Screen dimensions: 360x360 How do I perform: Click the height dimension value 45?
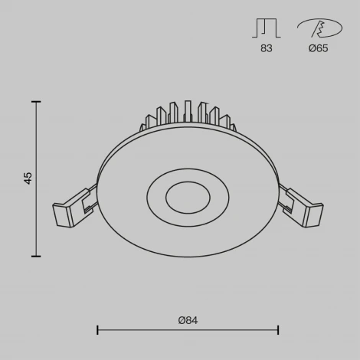pyautogui.click(x=28, y=178)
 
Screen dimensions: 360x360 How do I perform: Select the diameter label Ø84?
pyautogui.click(x=188, y=320)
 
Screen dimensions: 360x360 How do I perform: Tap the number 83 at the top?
pyautogui.click(x=266, y=48)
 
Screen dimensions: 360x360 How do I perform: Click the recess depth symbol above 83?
pyautogui.click(x=265, y=28)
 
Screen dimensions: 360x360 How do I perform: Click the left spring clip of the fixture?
pyautogui.click(x=74, y=208)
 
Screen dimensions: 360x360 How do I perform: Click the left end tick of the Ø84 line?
pyautogui.click(x=97, y=330)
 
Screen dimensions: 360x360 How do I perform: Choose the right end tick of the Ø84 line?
pyautogui.click(x=277, y=330)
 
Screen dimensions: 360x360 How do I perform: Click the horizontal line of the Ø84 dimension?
pyautogui.click(x=188, y=330)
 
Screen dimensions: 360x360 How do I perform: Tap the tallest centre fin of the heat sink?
pyautogui.click(x=187, y=109)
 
